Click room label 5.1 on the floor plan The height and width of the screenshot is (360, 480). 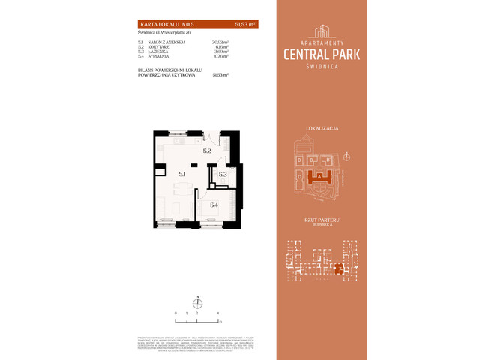point(181,173)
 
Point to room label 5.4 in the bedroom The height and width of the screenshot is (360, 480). point(214,205)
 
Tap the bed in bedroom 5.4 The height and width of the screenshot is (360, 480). point(217,214)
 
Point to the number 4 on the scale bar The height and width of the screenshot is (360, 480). point(217,312)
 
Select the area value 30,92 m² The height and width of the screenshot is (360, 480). point(220,43)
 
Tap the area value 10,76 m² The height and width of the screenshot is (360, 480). point(220,56)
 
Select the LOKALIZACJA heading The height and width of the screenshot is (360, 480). point(322,129)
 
